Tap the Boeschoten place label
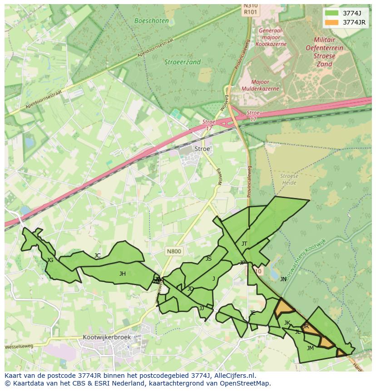[x=152, y=20]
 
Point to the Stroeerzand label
[x=182, y=62]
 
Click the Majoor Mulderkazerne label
[x=260, y=85]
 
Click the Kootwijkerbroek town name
[x=107, y=337]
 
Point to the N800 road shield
[x=173, y=251]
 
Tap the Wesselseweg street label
[x=19, y=346]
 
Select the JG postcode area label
[x=50, y=260]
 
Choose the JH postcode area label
[x=122, y=273]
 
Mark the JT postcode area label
[x=244, y=244]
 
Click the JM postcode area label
[x=310, y=348]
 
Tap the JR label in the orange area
[x=305, y=326]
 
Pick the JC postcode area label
[x=97, y=256]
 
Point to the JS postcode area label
[x=208, y=259]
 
